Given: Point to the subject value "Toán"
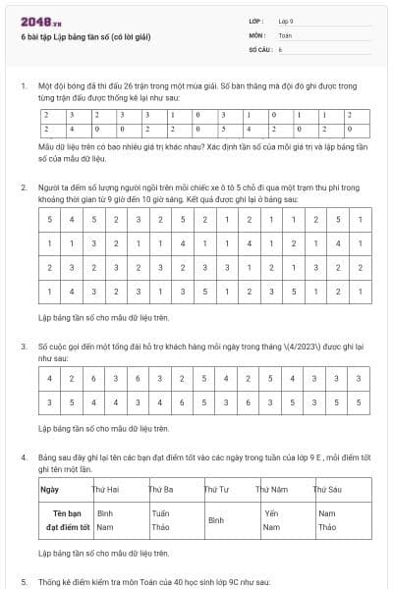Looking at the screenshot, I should pyautogui.click(x=285, y=34).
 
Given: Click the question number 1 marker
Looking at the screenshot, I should pyautogui.click(x=23, y=86).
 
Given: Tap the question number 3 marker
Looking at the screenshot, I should pyautogui.click(x=23, y=347).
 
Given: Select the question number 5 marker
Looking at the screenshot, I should pyautogui.click(x=23, y=581).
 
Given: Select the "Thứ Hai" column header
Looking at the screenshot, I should pyautogui.click(x=105, y=488).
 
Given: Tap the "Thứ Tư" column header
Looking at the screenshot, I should pyautogui.click(x=216, y=488).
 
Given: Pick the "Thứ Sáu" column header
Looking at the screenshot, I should pyautogui.click(x=326, y=488).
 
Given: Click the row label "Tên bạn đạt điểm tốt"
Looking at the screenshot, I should pyautogui.click(x=64, y=520).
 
